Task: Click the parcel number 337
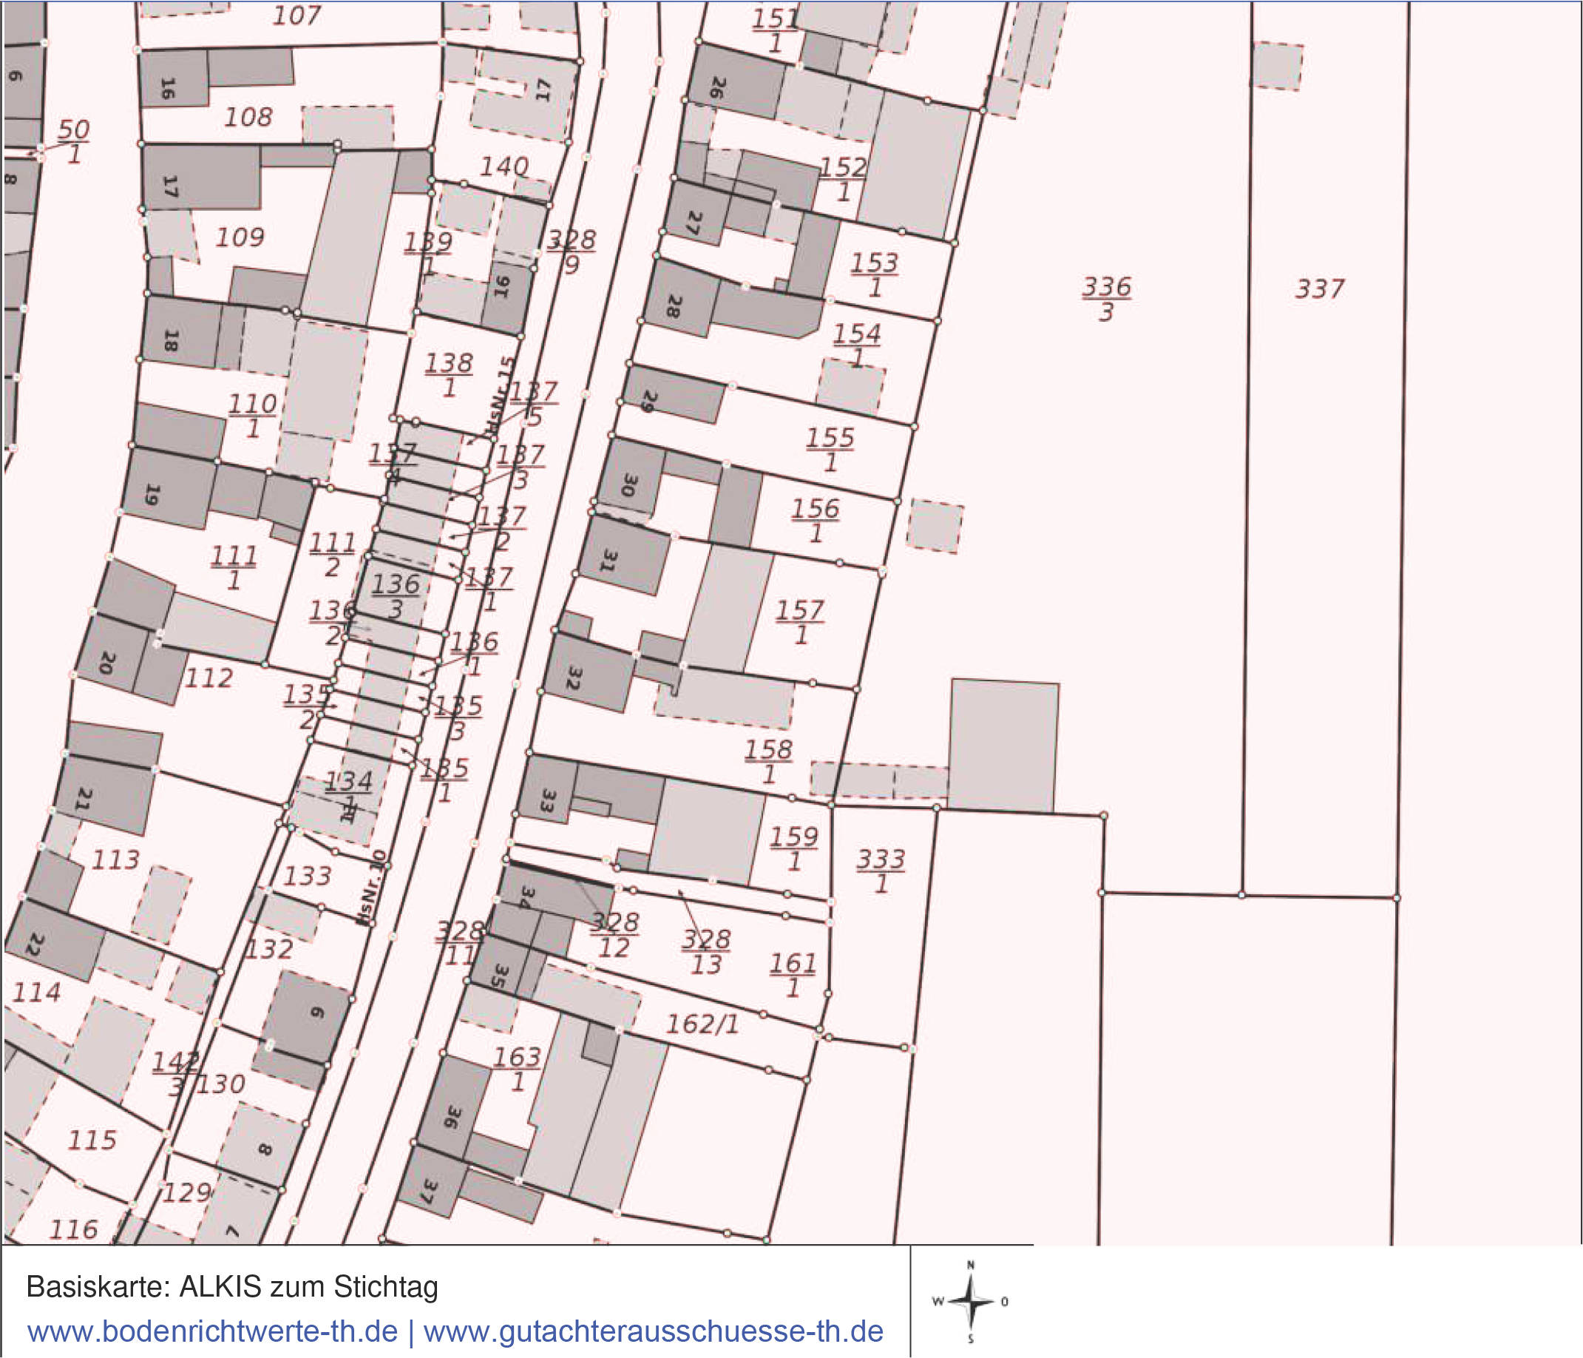[1320, 290]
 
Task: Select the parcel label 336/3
[1106, 299]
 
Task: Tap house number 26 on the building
[716, 87]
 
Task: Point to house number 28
[673, 306]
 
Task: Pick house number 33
[547, 800]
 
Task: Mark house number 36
[452, 1118]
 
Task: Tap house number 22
[33, 945]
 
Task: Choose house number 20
[107, 663]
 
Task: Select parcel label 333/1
[881, 871]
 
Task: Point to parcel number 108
[248, 118]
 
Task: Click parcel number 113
[115, 860]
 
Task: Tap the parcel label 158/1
[769, 761]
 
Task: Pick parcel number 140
[504, 166]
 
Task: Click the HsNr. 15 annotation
[501, 397]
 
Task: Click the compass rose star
[970, 1302]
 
